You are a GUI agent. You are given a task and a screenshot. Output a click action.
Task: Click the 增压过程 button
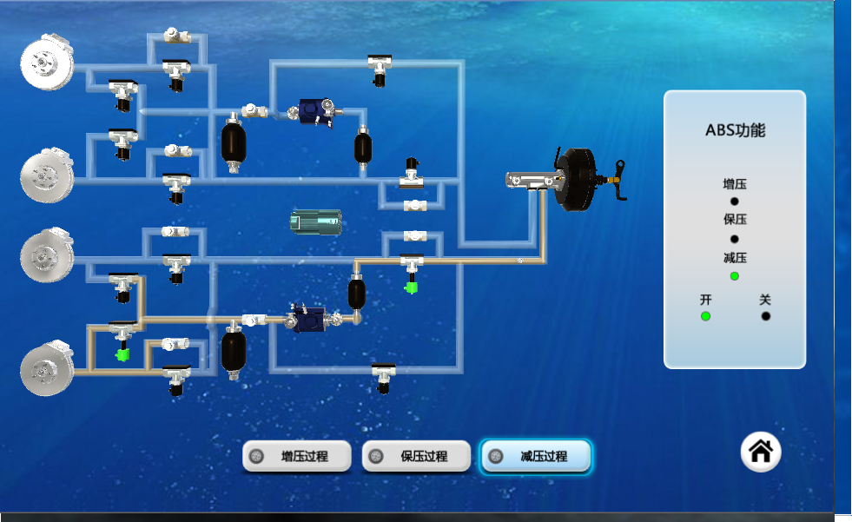[x=297, y=456]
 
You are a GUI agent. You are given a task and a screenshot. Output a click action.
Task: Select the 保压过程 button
[x=416, y=456]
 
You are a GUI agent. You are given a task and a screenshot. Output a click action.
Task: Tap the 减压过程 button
[x=536, y=456]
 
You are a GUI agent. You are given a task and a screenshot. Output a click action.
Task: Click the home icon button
[x=761, y=452]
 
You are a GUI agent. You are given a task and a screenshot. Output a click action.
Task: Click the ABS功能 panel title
[x=735, y=130]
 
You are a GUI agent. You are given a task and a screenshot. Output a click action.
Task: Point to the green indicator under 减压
[x=735, y=276]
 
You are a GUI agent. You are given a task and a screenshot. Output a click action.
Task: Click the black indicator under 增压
[x=735, y=202]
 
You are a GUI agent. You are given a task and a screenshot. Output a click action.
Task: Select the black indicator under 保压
[x=735, y=239]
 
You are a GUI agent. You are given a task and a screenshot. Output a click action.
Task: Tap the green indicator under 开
[x=705, y=316]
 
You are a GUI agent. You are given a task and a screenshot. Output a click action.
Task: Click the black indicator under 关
[x=766, y=316]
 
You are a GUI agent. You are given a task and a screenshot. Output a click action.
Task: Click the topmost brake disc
[x=47, y=62]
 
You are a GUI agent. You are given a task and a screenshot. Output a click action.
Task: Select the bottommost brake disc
[x=47, y=367]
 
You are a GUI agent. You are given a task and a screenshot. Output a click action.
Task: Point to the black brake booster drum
[x=576, y=179]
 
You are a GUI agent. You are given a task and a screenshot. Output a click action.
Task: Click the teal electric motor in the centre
[x=315, y=222]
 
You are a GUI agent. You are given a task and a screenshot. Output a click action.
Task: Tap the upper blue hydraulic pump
[x=315, y=112]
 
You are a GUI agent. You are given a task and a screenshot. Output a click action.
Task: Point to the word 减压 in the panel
[x=735, y=257]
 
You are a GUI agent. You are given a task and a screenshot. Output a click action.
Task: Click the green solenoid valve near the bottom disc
[x=122, y=355]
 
